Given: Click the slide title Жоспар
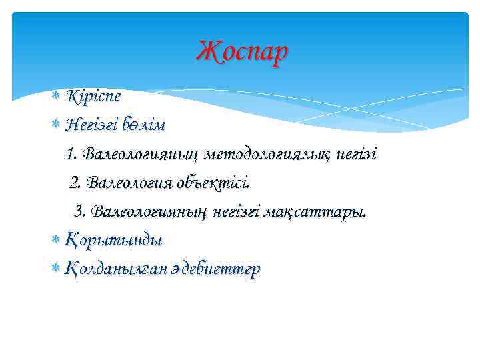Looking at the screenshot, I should (x=243, y=51).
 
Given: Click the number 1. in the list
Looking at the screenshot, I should (x=73, y=154).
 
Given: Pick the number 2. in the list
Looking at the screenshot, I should (x=77, y=182).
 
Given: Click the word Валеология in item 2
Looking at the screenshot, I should (x=130, y=182).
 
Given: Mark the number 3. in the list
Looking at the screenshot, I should (x=81, y=211).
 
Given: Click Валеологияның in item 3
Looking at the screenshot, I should (x=151, y=211).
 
